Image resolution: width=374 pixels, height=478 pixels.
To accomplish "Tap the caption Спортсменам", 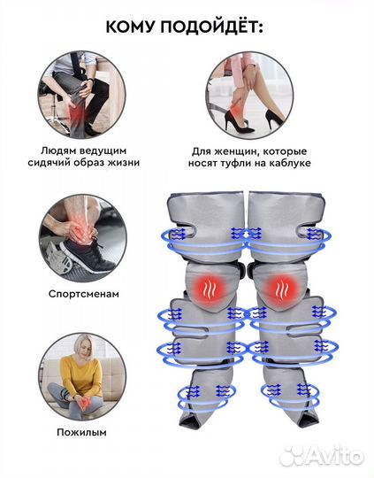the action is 83,294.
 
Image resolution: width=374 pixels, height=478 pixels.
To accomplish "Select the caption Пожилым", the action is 81,432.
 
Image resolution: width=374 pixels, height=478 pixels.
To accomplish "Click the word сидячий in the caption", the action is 49,162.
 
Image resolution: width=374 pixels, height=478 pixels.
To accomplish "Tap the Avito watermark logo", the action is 322,456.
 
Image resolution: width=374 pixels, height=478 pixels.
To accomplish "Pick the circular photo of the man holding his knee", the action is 81,95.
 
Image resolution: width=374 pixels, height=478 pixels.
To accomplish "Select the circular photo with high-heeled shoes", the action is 249,95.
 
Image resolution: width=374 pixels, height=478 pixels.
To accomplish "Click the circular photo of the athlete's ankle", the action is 82,238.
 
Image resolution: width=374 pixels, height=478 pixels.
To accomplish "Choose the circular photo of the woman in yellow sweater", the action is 82,377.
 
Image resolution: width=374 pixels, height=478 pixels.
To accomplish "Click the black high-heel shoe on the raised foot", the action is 238,121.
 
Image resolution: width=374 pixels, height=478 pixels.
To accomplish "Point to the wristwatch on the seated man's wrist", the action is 90,82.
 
